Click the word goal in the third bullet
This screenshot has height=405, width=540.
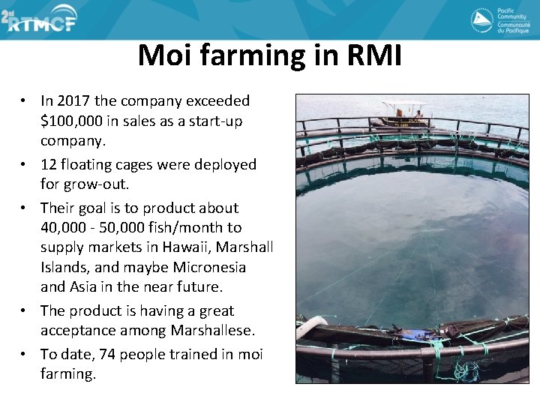91,208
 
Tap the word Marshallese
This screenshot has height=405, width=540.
214,331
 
